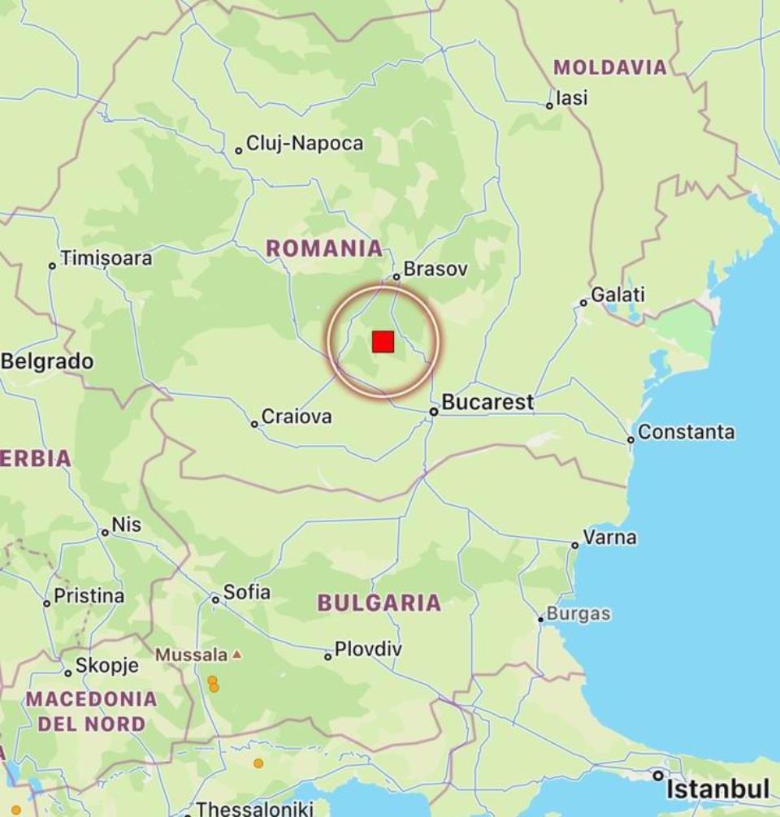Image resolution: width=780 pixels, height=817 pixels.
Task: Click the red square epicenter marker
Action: pos(383,342)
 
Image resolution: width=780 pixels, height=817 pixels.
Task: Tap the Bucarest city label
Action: pos(487,402)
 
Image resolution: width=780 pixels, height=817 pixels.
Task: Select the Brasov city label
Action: pos(435,269)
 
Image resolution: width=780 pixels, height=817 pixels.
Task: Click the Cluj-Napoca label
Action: pos(305,144)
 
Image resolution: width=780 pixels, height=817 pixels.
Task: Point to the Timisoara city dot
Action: pos(53,266)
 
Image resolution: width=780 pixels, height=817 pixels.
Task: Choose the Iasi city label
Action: pos(572,98)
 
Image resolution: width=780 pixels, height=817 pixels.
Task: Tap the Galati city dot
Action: pos(583,303)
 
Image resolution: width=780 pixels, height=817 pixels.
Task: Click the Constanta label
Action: pos(686,432)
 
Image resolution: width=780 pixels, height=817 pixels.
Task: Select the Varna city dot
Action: pos(575,545)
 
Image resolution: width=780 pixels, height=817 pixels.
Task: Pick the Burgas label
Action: pos(578,614)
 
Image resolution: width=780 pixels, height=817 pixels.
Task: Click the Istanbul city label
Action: pos(717,789)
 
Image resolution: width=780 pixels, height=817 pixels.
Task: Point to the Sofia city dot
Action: pos(215,599)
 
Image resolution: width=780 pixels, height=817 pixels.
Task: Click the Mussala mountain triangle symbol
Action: pos(236,654)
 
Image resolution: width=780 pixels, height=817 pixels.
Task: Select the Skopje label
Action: pos(106,666)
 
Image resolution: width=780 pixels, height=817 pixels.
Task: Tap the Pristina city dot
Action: pos(47,603)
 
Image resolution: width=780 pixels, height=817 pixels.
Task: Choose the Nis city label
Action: pos(127,525)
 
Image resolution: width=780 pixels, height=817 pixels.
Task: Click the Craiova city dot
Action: pos(254,424)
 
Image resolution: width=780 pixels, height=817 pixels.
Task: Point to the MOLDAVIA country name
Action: pos(610,67)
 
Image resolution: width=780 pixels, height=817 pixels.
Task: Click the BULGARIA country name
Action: pos(379,603)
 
